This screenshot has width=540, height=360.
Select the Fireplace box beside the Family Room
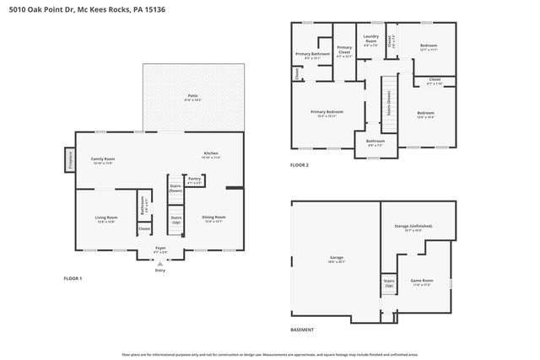pos(69,159)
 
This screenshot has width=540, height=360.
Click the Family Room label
pos(103,160)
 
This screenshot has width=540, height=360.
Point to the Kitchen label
pos(210,154)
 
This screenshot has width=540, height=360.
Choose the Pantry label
pos(195,180)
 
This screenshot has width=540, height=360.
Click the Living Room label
pos(106,219)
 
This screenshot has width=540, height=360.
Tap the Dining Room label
pos(213,218)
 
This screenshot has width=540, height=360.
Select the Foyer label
pos(160,250)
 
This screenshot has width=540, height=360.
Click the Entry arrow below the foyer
pos(160,262)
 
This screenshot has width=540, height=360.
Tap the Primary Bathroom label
pos(312,56)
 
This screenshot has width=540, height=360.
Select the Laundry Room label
pos(370,40)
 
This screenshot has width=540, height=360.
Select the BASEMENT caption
pos(302,330)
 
